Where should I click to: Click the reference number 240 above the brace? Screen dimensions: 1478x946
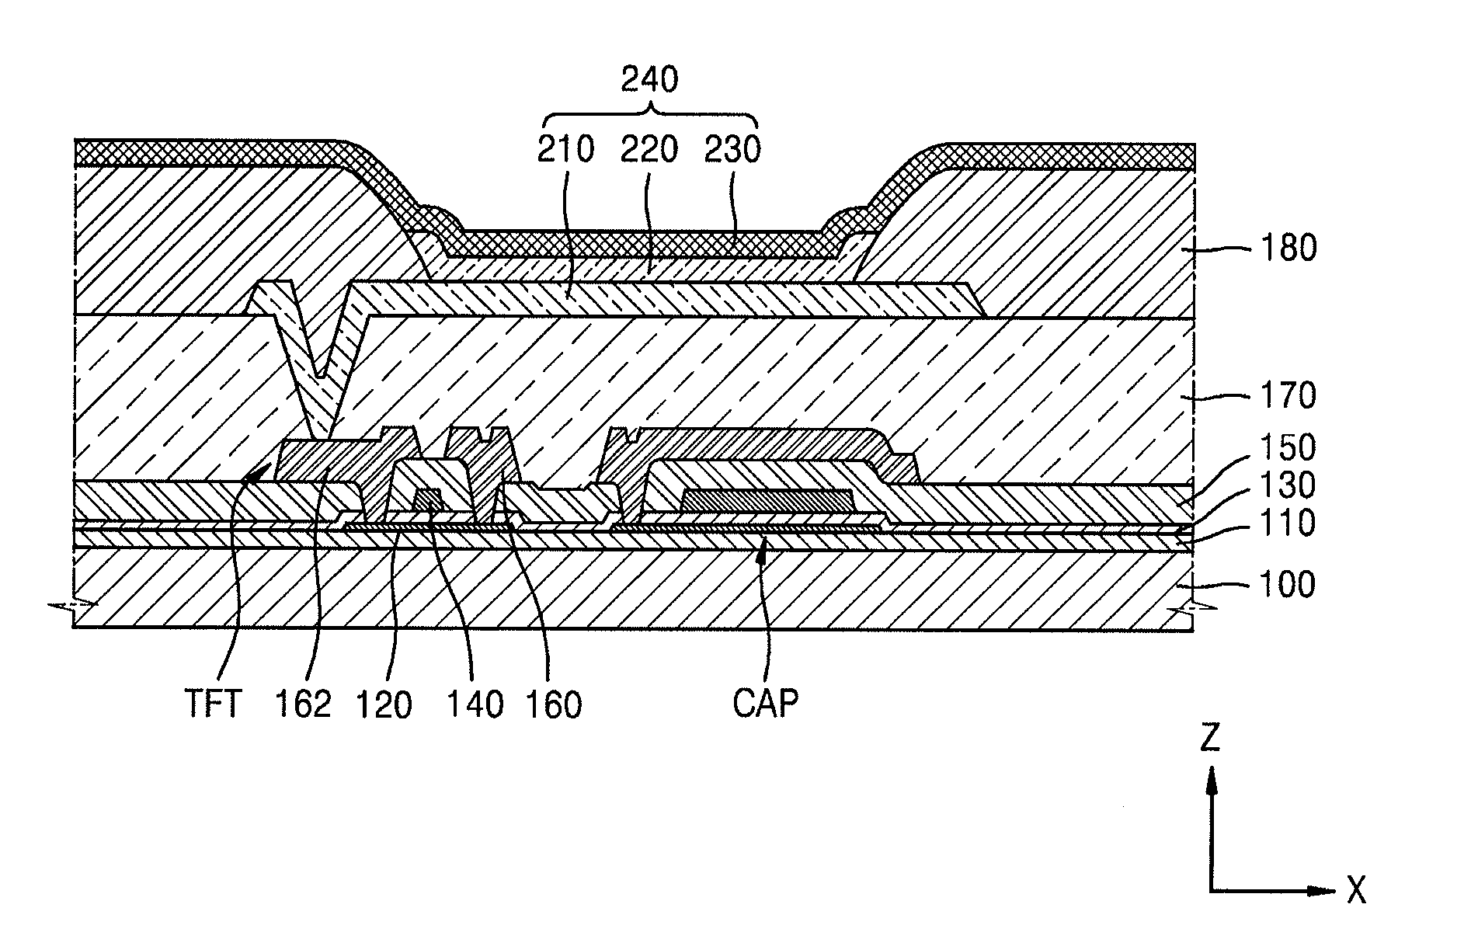pos(650,80)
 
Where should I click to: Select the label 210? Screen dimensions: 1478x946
pos(566,149)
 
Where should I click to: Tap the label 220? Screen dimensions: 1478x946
pos(649,149)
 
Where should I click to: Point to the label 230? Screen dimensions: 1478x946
pos(732,149)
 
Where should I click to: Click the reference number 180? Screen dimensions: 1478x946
pos(1288,249)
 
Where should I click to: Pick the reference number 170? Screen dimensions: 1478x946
pos(1288,395)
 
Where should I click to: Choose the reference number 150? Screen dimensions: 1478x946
pos(1288,448)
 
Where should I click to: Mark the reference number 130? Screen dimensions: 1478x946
pos(1288,486)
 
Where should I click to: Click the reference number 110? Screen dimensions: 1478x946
pos(1288,523)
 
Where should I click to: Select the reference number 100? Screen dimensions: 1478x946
pos(1288,584)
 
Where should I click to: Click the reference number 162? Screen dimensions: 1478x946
pos(303,704)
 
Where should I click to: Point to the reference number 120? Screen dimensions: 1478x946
pos(384,704)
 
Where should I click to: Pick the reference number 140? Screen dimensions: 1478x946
pos(475,704)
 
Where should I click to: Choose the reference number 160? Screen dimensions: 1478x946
pos(553,704)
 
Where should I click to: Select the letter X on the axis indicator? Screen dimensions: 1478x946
pos(1356,890)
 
